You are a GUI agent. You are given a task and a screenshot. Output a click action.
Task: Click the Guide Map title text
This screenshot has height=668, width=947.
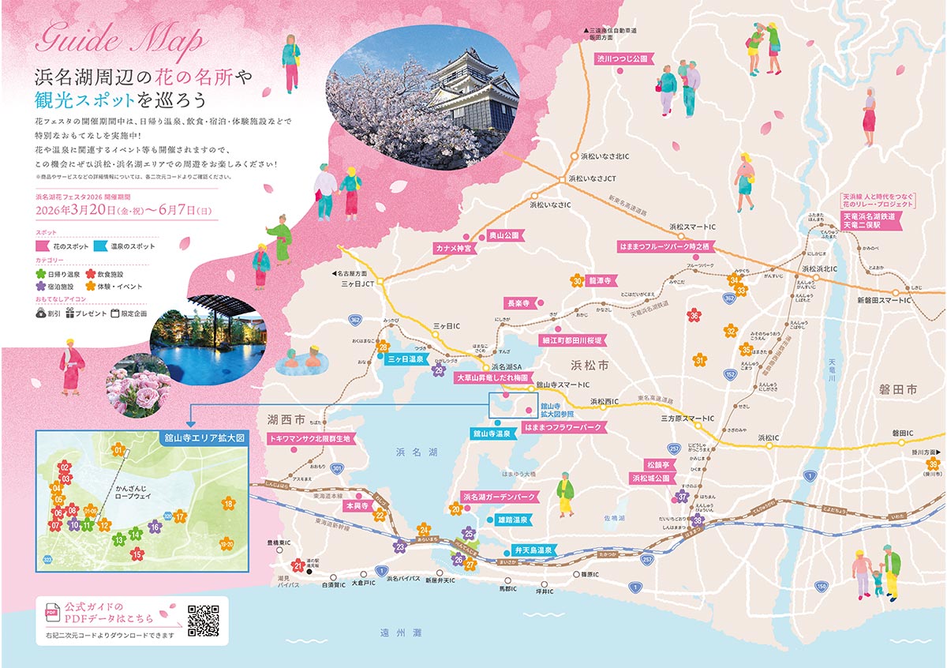pyautogui.click(x=118, y=38)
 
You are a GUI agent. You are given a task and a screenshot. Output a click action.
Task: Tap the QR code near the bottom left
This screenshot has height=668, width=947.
pyautogui.click(x=204, y=620)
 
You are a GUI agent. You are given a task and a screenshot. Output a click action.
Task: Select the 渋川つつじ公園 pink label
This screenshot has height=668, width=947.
pyautogui.click(x=621, y=58)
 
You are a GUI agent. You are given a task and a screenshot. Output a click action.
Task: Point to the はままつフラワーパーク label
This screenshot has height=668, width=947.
pyautogui.click(x=562, y=427)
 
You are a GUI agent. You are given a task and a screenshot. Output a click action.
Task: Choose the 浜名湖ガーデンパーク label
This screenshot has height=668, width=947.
pyautogui.click(x=500, y=497)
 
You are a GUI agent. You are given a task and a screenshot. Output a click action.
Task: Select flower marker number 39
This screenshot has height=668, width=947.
pyautogui.click(x=934, y=465)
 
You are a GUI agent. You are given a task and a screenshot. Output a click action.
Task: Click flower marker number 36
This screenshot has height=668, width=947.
pyautogui.click(x=694, y=316)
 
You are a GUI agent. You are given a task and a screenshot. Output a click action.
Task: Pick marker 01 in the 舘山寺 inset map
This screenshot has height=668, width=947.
pyautogui.click(x=119, y=450)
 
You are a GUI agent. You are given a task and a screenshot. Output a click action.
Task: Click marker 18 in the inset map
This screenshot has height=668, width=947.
pyautogui.click(x=228, y=503)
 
